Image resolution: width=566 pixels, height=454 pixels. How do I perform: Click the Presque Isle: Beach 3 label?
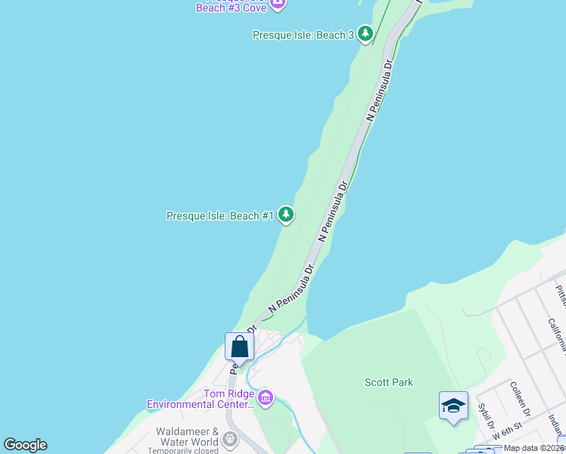(x=303, y=35)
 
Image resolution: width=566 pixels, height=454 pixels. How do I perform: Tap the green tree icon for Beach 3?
(x=365, y=34)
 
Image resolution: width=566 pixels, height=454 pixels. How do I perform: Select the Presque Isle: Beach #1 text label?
(x=219, y=216)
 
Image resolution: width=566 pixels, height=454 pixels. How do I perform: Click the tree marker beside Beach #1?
(x=286, y=216)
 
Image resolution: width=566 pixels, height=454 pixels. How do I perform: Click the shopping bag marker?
(x=239, y=347)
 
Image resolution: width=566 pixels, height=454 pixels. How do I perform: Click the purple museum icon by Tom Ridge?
(x=265, y=397)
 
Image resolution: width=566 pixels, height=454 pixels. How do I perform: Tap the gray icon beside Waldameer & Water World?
(x=229, y=437)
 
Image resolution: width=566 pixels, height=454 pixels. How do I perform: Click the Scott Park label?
(x=389, y=382)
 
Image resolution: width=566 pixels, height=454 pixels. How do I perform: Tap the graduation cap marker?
(x=453, y=407)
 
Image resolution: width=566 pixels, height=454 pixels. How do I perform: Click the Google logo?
(x=25, y=445)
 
